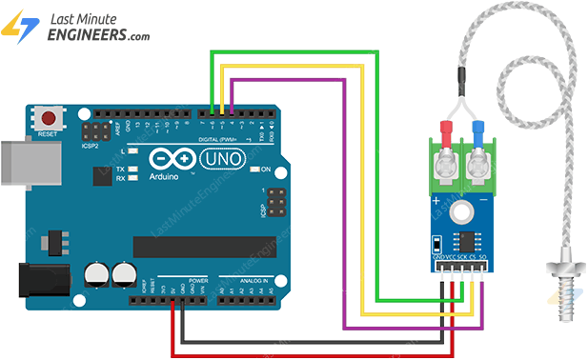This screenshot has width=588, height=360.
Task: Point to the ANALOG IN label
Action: [x=246, y=282]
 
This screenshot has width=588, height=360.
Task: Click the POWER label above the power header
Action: [x=199, y=282]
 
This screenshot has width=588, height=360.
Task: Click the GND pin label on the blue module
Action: [x=438, y=258]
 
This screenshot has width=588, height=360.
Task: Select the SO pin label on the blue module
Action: [x=483, y=258]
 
